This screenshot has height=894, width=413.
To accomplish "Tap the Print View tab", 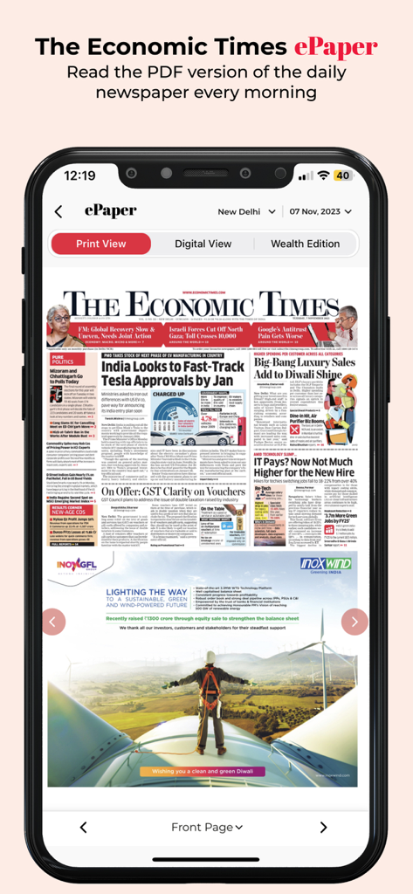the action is [x=100, y=244].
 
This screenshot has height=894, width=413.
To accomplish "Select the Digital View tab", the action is [x=203, y=244].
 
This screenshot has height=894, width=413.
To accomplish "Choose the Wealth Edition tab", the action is [x=305, y=244].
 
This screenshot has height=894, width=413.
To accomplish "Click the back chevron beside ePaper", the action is [x=59, y=211].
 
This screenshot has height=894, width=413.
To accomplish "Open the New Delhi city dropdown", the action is [x=246, y=211].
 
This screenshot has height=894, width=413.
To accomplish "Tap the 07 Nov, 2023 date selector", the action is [x=320, y=211].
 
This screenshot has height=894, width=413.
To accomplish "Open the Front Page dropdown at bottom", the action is [x=206, y=827].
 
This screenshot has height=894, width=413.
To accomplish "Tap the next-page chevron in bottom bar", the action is [x=323, y=827].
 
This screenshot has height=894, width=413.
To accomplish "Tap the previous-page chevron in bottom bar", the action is [x=84, y=827].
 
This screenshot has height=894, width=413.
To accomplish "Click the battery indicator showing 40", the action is [x=342, y=175].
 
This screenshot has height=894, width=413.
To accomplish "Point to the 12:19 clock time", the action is [x=79, y=175].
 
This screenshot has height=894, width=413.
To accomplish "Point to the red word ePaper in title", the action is [x=336, y=46].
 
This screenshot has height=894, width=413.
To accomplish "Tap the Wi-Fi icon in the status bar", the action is [x=322, y=175].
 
